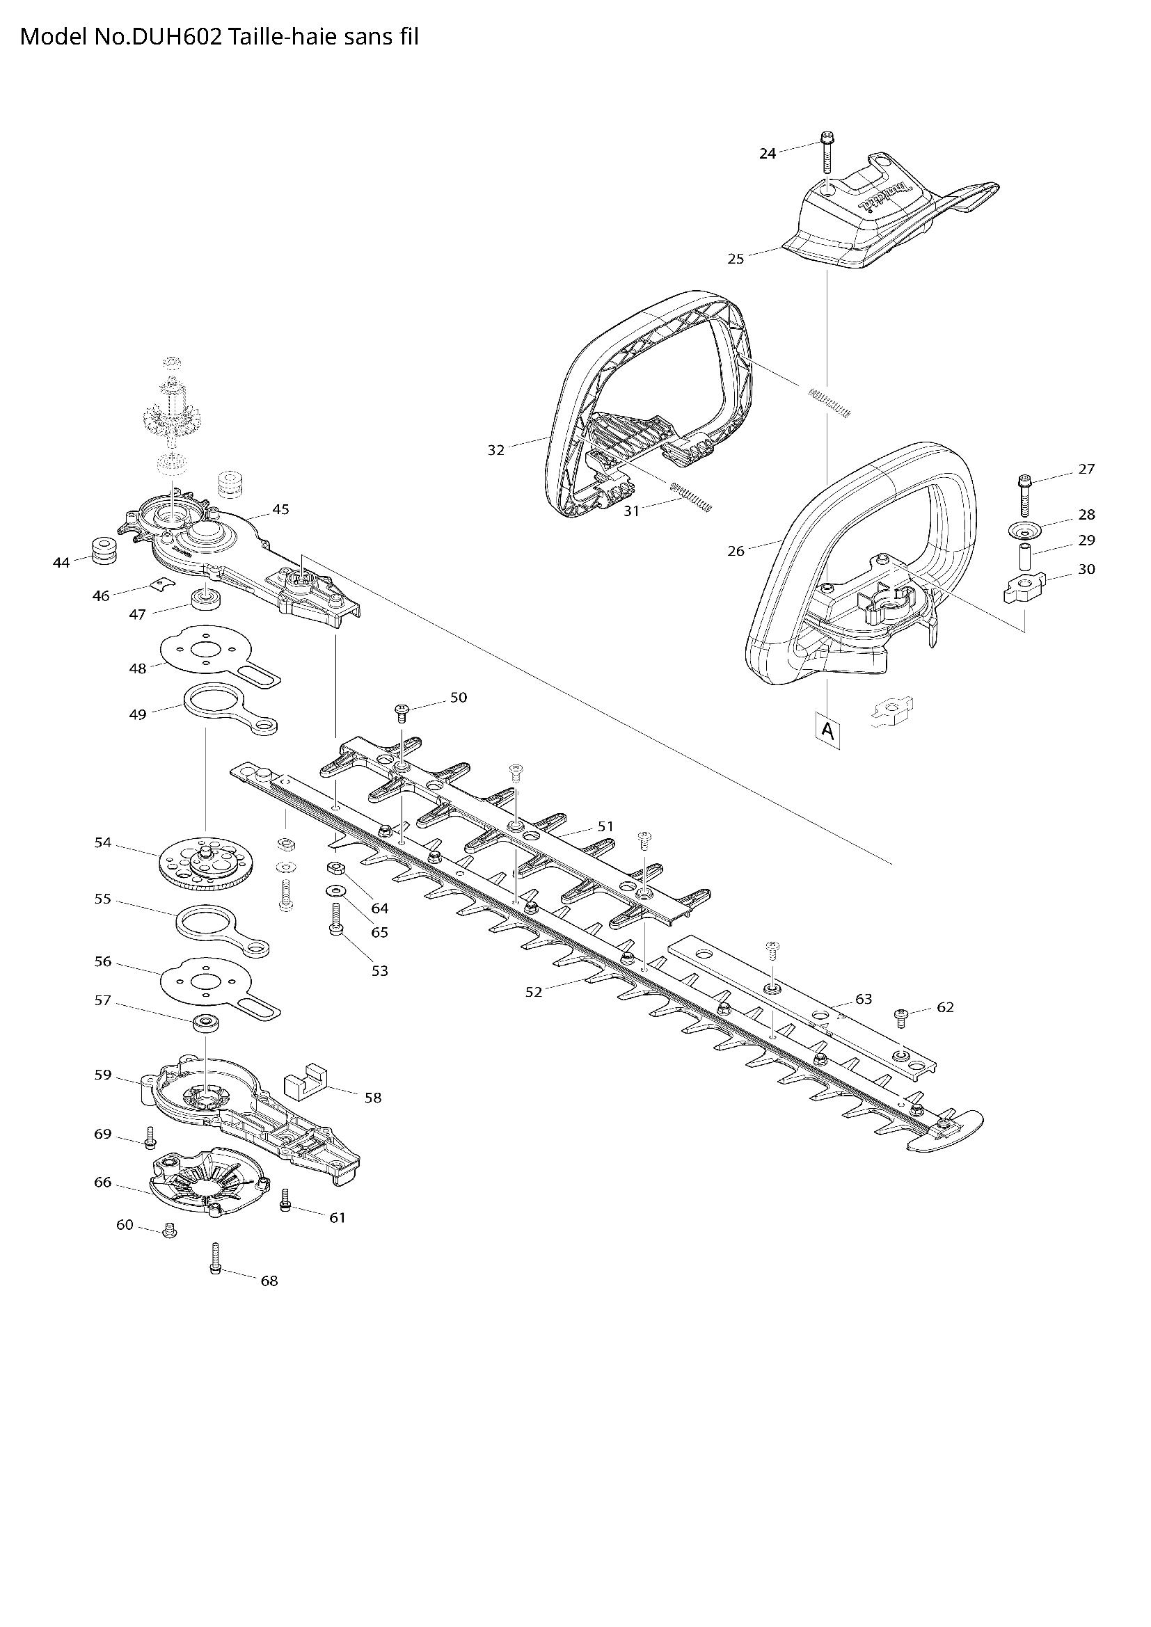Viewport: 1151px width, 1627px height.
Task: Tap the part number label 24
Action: pos(768,153)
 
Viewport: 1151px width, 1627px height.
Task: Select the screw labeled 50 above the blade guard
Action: pos(402,711)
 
